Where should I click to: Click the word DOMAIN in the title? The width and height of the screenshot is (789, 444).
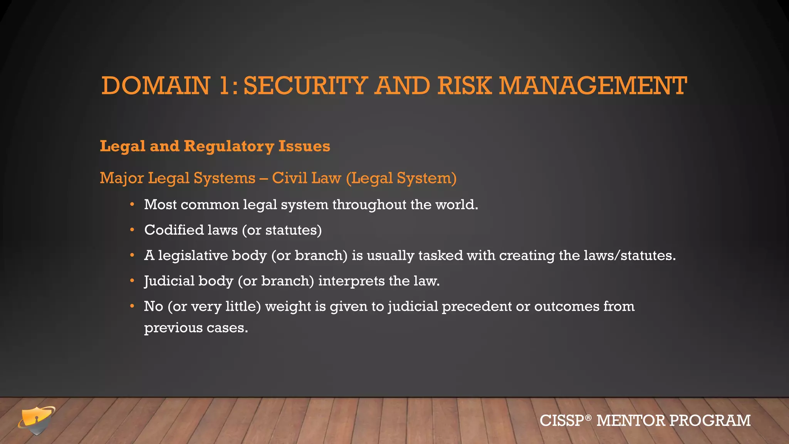click(156, 86)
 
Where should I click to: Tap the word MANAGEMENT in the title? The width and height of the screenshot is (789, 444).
click(593, 86)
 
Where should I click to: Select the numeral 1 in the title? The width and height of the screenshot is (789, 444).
click(225, 86)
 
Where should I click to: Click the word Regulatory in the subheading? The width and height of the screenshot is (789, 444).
click(229, 146)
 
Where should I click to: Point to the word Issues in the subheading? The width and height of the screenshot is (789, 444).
click(304, 146)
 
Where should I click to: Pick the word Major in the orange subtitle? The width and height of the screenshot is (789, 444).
click(122, 178)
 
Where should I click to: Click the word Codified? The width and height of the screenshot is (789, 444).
click(174, 230)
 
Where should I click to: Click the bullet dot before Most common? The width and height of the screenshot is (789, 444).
click(132, 204)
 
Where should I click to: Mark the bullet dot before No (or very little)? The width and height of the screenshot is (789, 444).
click(132, 306)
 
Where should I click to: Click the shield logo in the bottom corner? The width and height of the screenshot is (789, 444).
click(37, 420)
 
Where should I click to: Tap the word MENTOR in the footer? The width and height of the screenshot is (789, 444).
click(631, 420)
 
